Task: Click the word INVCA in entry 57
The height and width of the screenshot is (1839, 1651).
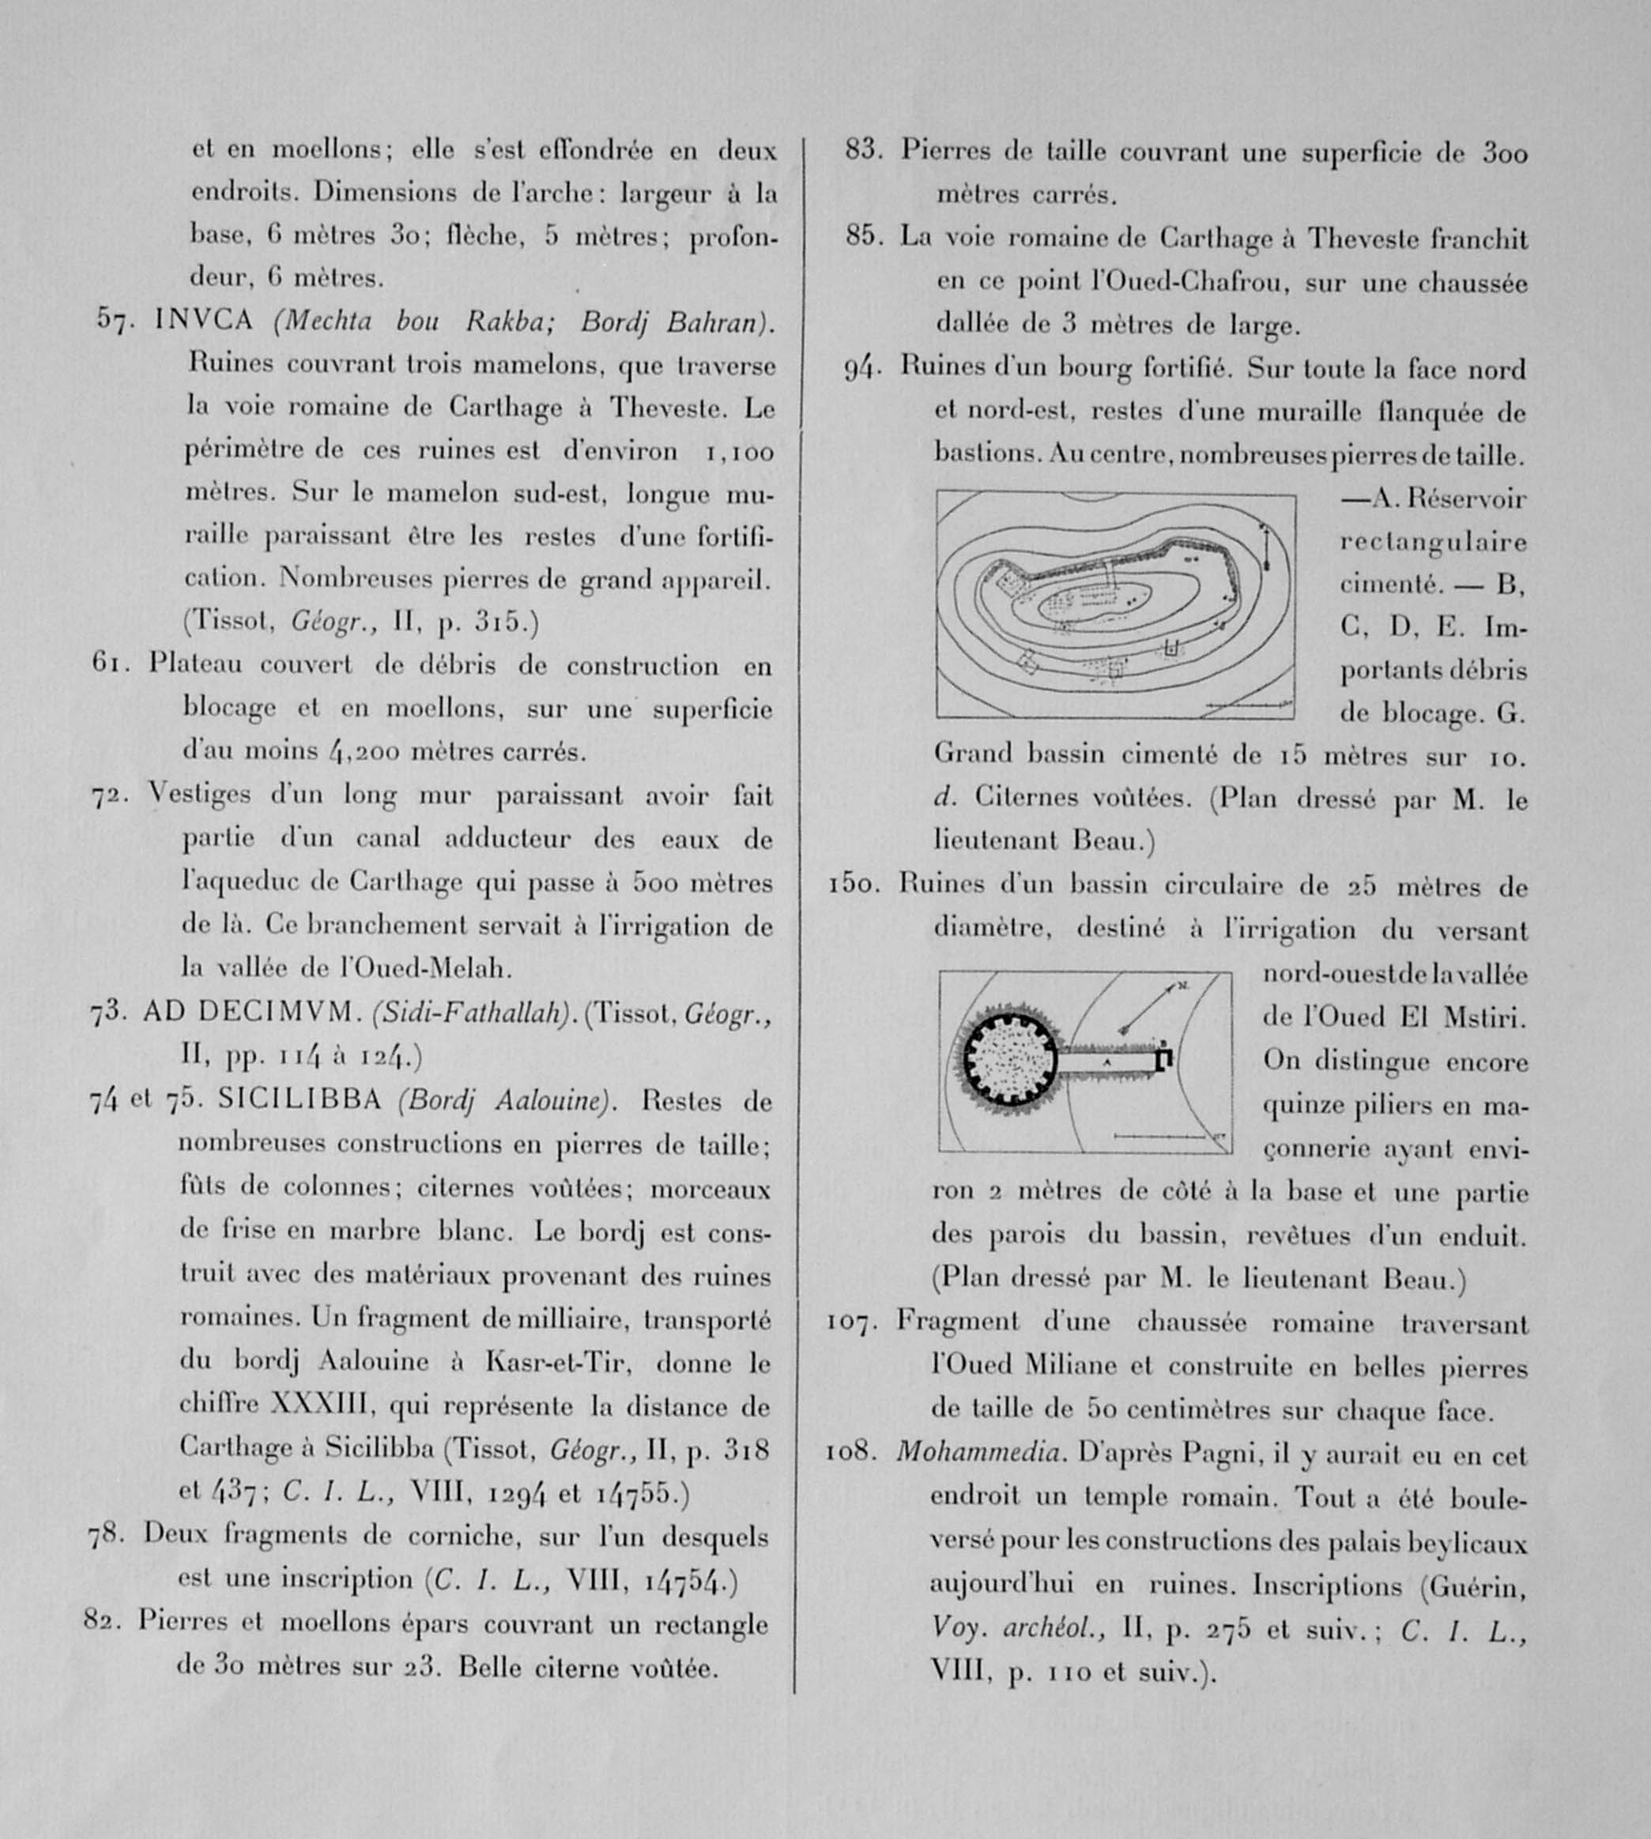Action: [204, 320]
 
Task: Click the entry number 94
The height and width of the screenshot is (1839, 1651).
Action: [861, 368]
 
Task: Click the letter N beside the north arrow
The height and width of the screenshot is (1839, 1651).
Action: [1183, 985]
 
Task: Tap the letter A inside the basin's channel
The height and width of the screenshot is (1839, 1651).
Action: [1106, 1060]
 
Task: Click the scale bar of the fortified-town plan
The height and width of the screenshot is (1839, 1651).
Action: [1248, 704]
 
